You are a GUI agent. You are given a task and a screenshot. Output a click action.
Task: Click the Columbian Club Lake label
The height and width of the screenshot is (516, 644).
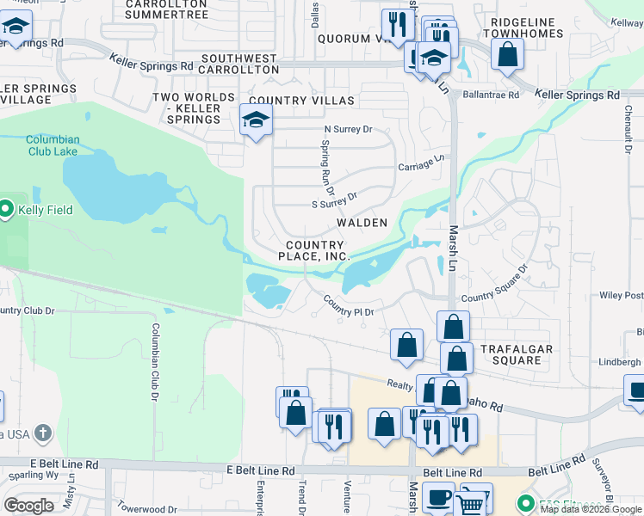pos(53,145)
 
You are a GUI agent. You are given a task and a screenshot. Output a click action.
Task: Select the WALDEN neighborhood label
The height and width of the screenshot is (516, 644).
pos(362,223)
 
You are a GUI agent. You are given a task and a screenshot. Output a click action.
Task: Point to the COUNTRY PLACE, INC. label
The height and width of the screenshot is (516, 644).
pos(318,250)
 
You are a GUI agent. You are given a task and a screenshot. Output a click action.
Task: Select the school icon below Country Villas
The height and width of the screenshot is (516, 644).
pos(256,120)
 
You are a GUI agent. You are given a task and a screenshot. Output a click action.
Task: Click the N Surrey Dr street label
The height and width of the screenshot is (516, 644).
pos(347,130)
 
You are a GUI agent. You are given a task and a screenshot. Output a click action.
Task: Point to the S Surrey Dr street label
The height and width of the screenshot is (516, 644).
pos(334,200)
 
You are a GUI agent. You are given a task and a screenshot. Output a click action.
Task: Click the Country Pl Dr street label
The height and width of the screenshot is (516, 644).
pos(349,305)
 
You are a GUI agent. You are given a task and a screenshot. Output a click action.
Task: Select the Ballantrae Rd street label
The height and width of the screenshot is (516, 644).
pos(491,95)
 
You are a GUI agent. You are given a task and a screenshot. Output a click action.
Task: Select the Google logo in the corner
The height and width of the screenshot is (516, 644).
pos(28,506)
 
